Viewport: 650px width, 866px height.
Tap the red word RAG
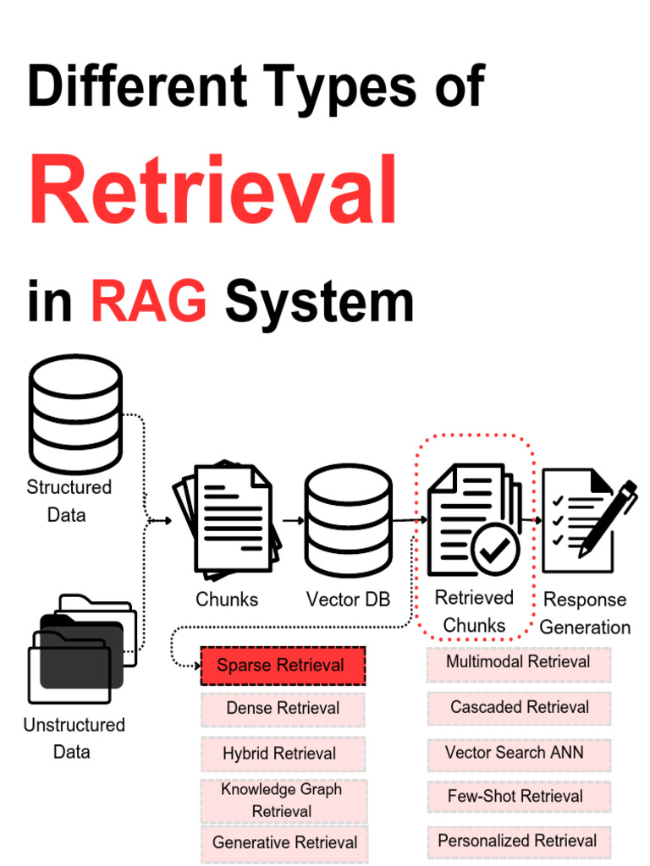149,302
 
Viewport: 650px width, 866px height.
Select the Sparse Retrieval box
283,666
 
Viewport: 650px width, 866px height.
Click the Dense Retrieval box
283,709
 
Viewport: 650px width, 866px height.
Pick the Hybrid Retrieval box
283,754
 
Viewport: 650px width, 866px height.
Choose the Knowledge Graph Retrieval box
283,800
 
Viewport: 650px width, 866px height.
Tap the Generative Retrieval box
284,843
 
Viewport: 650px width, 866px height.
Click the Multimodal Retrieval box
518,662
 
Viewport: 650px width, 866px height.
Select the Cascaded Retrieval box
519,707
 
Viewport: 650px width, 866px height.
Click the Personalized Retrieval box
517,841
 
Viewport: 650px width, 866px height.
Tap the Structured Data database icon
75,414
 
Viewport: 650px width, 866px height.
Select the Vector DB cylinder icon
348,520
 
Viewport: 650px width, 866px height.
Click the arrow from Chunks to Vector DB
293,521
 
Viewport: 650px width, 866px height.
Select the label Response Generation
585,613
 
